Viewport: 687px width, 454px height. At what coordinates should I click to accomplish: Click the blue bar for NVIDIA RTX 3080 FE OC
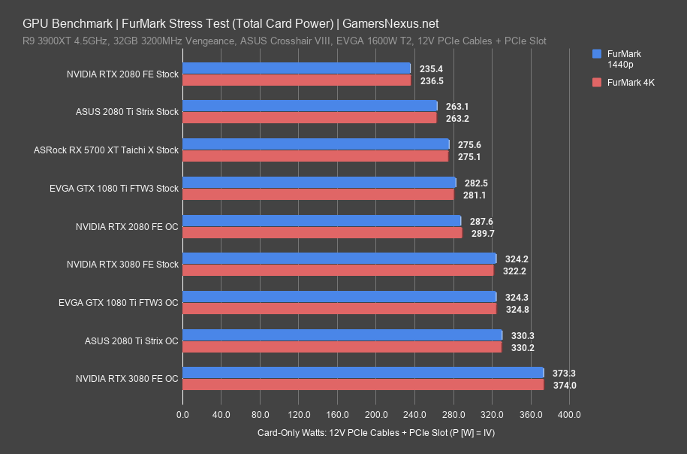click(x=363, y=373)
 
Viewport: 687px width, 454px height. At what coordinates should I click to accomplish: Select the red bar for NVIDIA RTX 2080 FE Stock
click(x=297, y=80)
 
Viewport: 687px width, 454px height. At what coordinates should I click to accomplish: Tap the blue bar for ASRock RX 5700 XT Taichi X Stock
click(x=315, y=144)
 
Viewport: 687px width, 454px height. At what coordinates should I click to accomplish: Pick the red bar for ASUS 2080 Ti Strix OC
click(x=342, y=347)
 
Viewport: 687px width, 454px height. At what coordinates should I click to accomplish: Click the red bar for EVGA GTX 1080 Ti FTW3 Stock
click(x=318, y=195)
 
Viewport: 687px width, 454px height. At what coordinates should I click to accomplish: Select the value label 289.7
click(x=481, y=234)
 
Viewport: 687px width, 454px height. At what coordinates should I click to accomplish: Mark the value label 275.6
click(x=469, y=144)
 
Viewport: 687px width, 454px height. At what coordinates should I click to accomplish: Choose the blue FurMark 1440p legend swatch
click(x=598, y=54)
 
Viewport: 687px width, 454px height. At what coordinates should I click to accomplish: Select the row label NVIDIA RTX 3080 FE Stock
click(x=122, y=265)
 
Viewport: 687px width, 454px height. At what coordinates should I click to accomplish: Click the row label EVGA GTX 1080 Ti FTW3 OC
click(x=118, y=303)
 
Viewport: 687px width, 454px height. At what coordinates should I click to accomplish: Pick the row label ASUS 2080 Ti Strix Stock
click(x=127, y=112)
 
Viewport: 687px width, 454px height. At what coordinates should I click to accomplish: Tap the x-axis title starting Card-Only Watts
click(x=375, y=433)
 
